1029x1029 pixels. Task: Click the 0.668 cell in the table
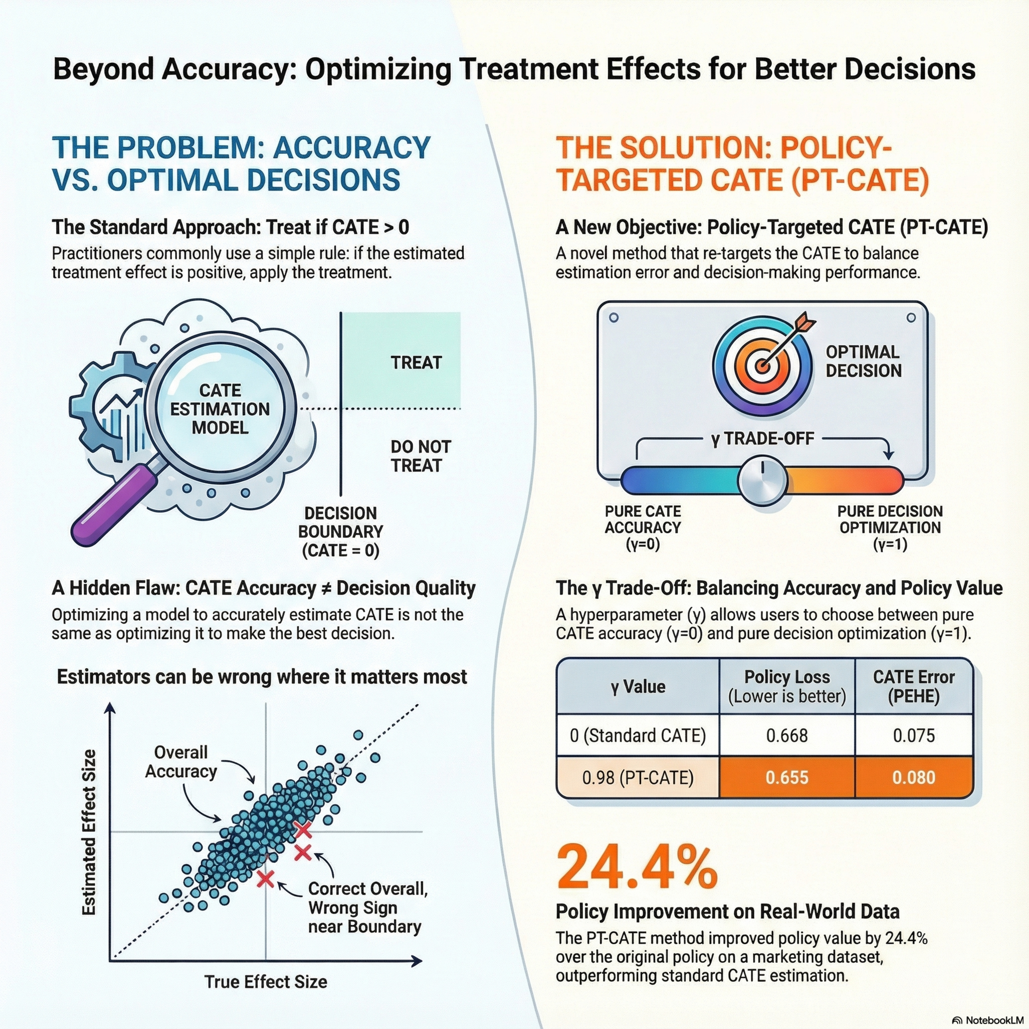point(786,735)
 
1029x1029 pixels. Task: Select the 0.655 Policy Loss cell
point(786,778)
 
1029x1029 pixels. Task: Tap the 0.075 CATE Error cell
point(913,735)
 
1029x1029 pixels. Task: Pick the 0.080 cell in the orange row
point(913,778)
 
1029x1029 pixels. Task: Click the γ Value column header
point(638,687)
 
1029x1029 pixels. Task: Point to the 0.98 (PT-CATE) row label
point(638,778)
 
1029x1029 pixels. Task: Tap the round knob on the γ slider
point(762,480)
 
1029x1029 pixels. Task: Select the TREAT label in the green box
point(416,363)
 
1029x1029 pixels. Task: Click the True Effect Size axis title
point(266,982)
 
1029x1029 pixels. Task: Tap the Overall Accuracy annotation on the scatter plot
point(181,762)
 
